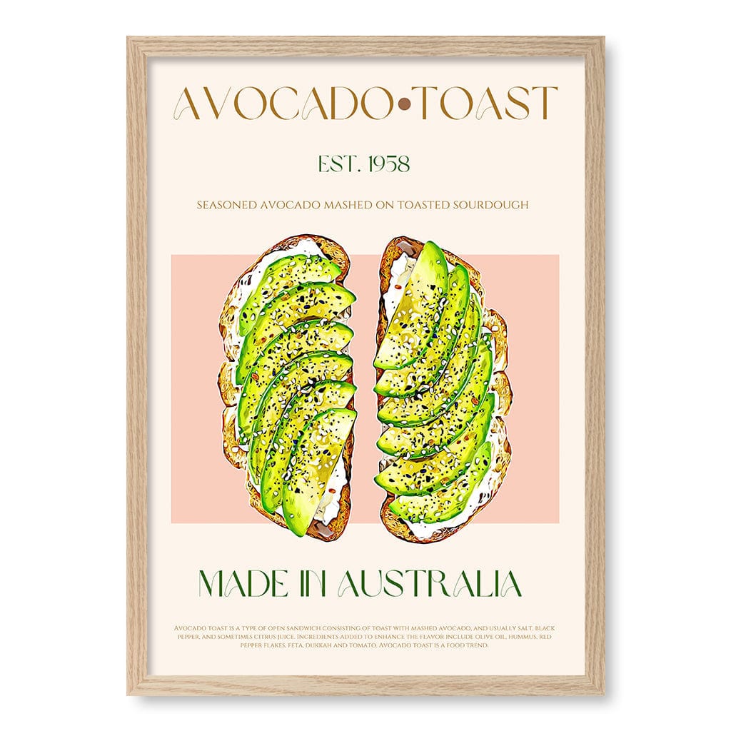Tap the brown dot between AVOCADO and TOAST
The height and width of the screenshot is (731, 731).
click(x=404, y=105)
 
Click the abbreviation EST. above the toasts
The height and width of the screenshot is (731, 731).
click(x=337, y=164)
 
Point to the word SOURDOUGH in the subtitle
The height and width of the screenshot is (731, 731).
click(x=493, y=205)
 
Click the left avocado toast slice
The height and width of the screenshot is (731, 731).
click(x=289, y=385)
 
